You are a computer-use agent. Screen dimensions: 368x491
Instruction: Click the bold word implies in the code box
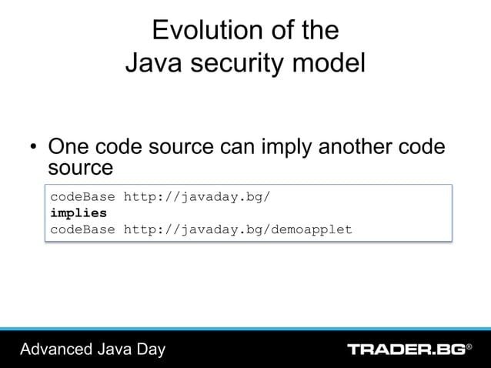coord(78,212)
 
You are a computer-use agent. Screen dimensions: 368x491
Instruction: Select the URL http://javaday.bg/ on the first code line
coord(196,196)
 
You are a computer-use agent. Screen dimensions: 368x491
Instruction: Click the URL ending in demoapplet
coord(237,229)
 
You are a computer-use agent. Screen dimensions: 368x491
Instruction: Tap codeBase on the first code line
coord(82,196)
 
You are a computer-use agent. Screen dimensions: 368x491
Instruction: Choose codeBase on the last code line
coord(82,229)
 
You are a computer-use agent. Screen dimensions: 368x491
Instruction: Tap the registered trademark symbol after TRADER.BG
coord(469,347)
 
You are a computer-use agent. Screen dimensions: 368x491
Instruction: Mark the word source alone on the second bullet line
coord(81,167)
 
